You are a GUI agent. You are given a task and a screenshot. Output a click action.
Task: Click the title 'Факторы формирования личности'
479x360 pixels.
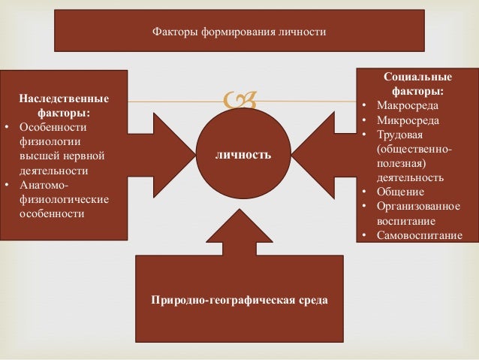(239, 32)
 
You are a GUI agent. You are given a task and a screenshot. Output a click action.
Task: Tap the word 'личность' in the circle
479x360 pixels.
(243, 156)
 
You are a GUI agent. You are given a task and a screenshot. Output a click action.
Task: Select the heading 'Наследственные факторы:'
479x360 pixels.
(64, 106)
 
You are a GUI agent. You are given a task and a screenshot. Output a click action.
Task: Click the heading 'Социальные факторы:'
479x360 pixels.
(417, 83)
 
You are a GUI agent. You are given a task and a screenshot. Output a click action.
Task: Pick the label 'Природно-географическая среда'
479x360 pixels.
(239, 300)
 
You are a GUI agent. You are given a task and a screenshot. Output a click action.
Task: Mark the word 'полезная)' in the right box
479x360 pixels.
(407, 163)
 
